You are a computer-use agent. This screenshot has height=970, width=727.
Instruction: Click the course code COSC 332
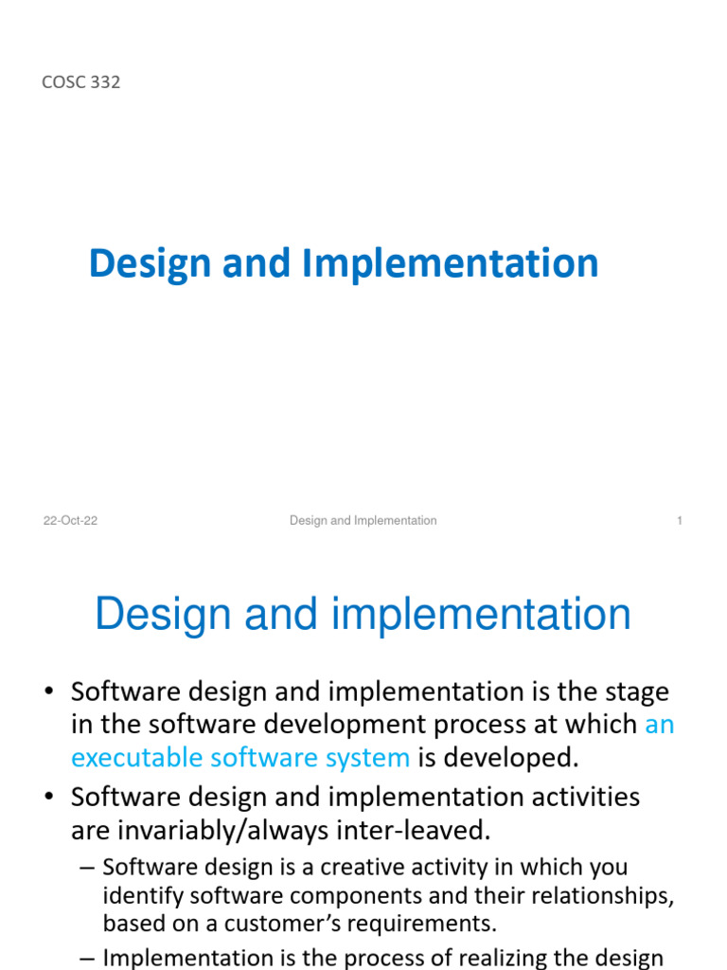point(81,82)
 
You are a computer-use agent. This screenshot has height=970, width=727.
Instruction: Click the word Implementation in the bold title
point(450,263)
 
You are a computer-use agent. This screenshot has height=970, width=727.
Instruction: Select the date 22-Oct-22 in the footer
point(70,521)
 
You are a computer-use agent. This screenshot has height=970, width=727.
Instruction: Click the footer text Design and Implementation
point(363,521)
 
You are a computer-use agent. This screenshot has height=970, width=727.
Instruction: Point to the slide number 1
point(680,521)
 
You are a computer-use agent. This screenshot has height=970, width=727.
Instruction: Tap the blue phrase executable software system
point(240,758)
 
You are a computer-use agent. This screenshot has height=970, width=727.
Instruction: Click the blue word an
point(660,725)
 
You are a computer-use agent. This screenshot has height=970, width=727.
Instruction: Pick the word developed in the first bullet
point(519,758)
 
